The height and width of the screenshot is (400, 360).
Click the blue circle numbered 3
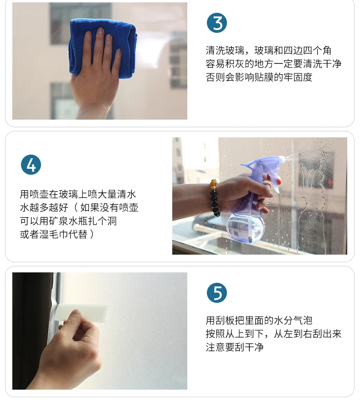[217, 23]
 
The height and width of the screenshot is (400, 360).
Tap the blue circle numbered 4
[31, 165]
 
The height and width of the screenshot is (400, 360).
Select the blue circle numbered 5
[217, 293]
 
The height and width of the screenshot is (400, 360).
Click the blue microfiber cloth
[103, 46]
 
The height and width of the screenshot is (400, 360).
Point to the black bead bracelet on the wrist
[215, 198]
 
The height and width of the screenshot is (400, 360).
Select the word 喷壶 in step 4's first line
[39, 194]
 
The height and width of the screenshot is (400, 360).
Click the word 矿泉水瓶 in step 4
[68, 221]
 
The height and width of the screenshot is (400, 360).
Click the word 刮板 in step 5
[225, 320]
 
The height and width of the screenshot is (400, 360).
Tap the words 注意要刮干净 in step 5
[235, 347]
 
